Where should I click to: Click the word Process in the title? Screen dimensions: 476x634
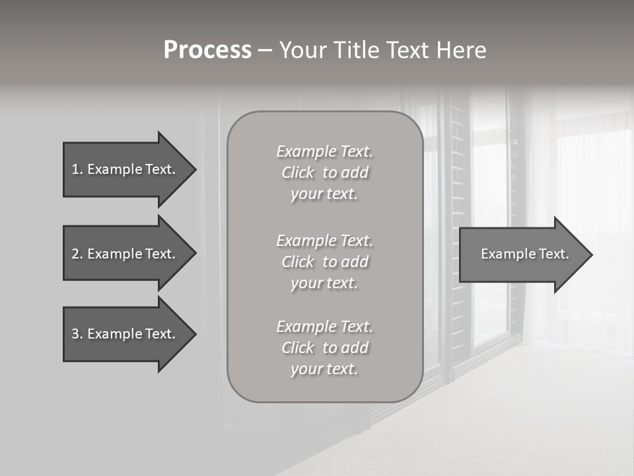207,50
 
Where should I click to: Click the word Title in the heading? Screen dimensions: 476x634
354,50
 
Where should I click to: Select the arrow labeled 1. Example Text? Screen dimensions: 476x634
125,169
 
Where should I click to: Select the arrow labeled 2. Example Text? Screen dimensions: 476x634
125,254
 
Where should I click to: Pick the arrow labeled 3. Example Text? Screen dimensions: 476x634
125,334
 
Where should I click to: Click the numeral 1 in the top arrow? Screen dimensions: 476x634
75,169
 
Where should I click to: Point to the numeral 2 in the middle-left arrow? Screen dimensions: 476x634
75,254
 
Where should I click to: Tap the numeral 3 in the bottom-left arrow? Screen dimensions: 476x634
75,334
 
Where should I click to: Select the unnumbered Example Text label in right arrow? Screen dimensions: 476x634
525,254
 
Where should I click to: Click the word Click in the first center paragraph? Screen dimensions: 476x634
298,173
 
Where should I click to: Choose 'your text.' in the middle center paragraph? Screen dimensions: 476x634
324,283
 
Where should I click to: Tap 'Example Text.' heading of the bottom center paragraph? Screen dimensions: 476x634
324,327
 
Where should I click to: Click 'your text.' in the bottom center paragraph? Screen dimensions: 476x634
324,369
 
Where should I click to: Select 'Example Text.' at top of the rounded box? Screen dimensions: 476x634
324,151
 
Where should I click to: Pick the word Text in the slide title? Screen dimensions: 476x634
405,50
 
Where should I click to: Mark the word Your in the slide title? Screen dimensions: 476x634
300,50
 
